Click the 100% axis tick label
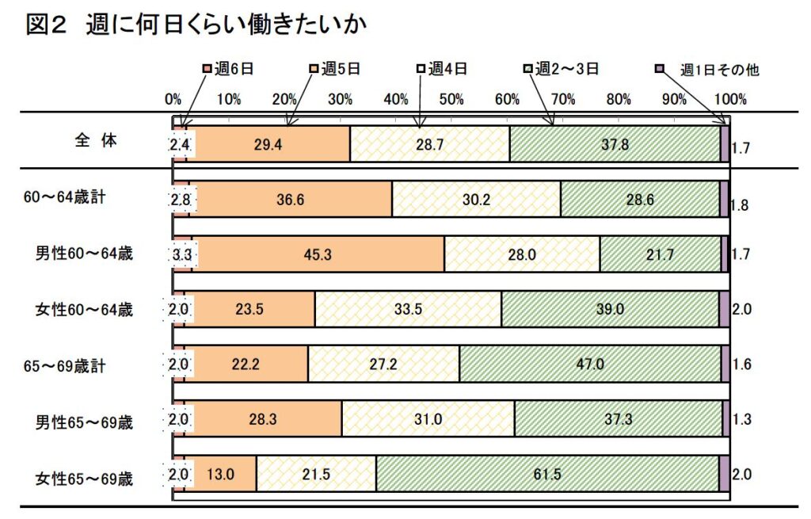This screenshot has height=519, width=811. [729, 100]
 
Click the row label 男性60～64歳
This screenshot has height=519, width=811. [84, 254]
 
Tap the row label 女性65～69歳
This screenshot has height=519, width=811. [84, 478]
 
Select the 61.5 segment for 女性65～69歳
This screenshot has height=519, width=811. [547, 474]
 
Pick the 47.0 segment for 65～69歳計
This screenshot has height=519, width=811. [590, 364]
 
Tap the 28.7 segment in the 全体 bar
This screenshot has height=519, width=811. [429, 144]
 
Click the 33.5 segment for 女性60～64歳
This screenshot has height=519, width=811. [408, 309]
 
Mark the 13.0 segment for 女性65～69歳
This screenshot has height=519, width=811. [221, 474]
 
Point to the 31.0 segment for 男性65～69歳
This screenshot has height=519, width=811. [428, 419]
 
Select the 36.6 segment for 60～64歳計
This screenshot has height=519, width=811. [291, 200]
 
